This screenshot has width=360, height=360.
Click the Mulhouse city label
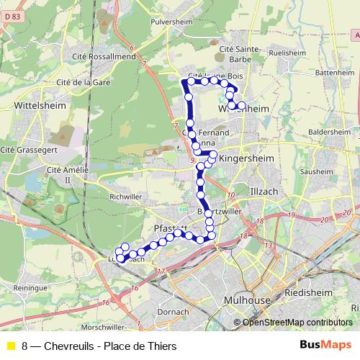pos(247,300)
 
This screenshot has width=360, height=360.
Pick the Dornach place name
pos(173,312)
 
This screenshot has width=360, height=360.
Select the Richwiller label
pos(125,196)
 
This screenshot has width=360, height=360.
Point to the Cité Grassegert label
pos(28,150)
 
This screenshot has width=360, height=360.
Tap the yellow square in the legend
pos(11,346)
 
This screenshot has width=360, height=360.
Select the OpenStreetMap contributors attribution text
pos(297,323)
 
